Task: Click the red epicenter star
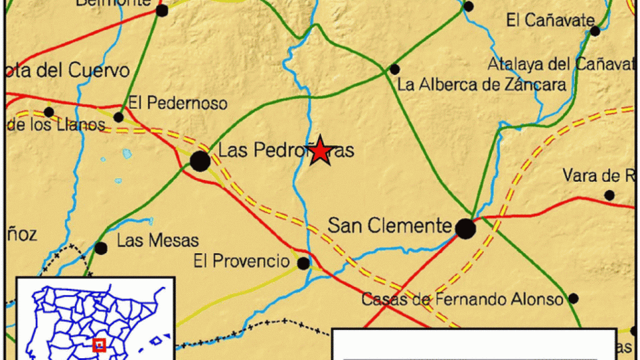(320, 151)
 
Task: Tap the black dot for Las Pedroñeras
(200, 161)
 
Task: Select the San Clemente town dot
(465, 229)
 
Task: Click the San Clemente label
(389, 226)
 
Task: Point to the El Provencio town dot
(303, 264)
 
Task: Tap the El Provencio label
(241, 261)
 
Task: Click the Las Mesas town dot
(101, 248)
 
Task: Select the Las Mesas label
(157, 240)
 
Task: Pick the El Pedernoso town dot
(119, 117)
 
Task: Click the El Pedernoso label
(177, 103)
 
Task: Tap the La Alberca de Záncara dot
(394, 69)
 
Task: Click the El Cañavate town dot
(595, 31)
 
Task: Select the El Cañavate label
(550, 21)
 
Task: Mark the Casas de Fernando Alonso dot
(574, 298)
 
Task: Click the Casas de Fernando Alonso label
(462, 300)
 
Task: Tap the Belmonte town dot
(162, 11)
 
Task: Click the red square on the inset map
(98, 344)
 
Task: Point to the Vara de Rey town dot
(609, 195)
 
